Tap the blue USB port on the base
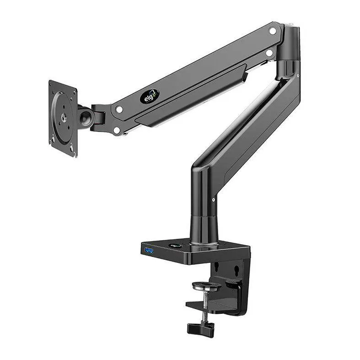tap(149, 250)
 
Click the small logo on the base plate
tap(175, 246)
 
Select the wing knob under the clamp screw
tap(200, 328)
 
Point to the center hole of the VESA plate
tap(63, 118)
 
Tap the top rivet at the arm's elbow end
tap(273, 31)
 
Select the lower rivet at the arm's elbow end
tap(269, 53)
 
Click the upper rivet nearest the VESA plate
tap(119, 110)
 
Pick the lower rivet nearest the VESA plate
tap(117, 130)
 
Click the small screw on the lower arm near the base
tap(213, 199)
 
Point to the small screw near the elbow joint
tap(298, 76)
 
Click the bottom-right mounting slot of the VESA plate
tap(71, 148)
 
